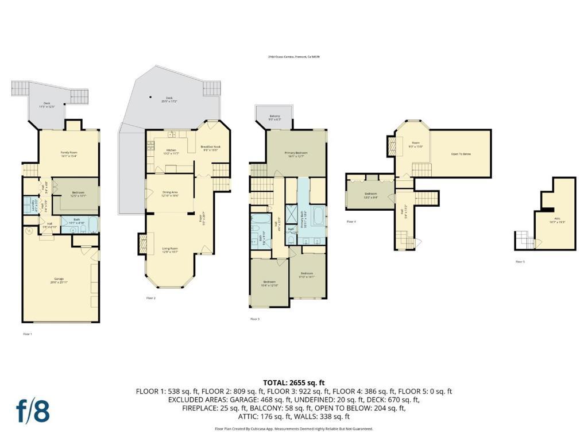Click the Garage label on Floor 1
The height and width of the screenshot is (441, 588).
(x=59, y=281)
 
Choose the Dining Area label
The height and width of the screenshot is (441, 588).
(x=170, y=194)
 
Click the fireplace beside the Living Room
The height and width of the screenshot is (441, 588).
(x=141, y=242)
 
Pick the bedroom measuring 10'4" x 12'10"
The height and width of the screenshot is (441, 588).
(x=270, y=284)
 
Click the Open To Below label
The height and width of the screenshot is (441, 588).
(x=461, y=154)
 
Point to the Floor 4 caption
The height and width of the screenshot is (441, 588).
(x=351, y=221)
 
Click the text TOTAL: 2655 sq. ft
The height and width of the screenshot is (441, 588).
(x=294, y=382)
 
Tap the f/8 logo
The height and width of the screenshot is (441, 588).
(x=32, y=412)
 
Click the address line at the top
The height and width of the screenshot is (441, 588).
(x=293, y=57)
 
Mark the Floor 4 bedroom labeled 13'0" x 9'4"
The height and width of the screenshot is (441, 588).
(x=370, y=195)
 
